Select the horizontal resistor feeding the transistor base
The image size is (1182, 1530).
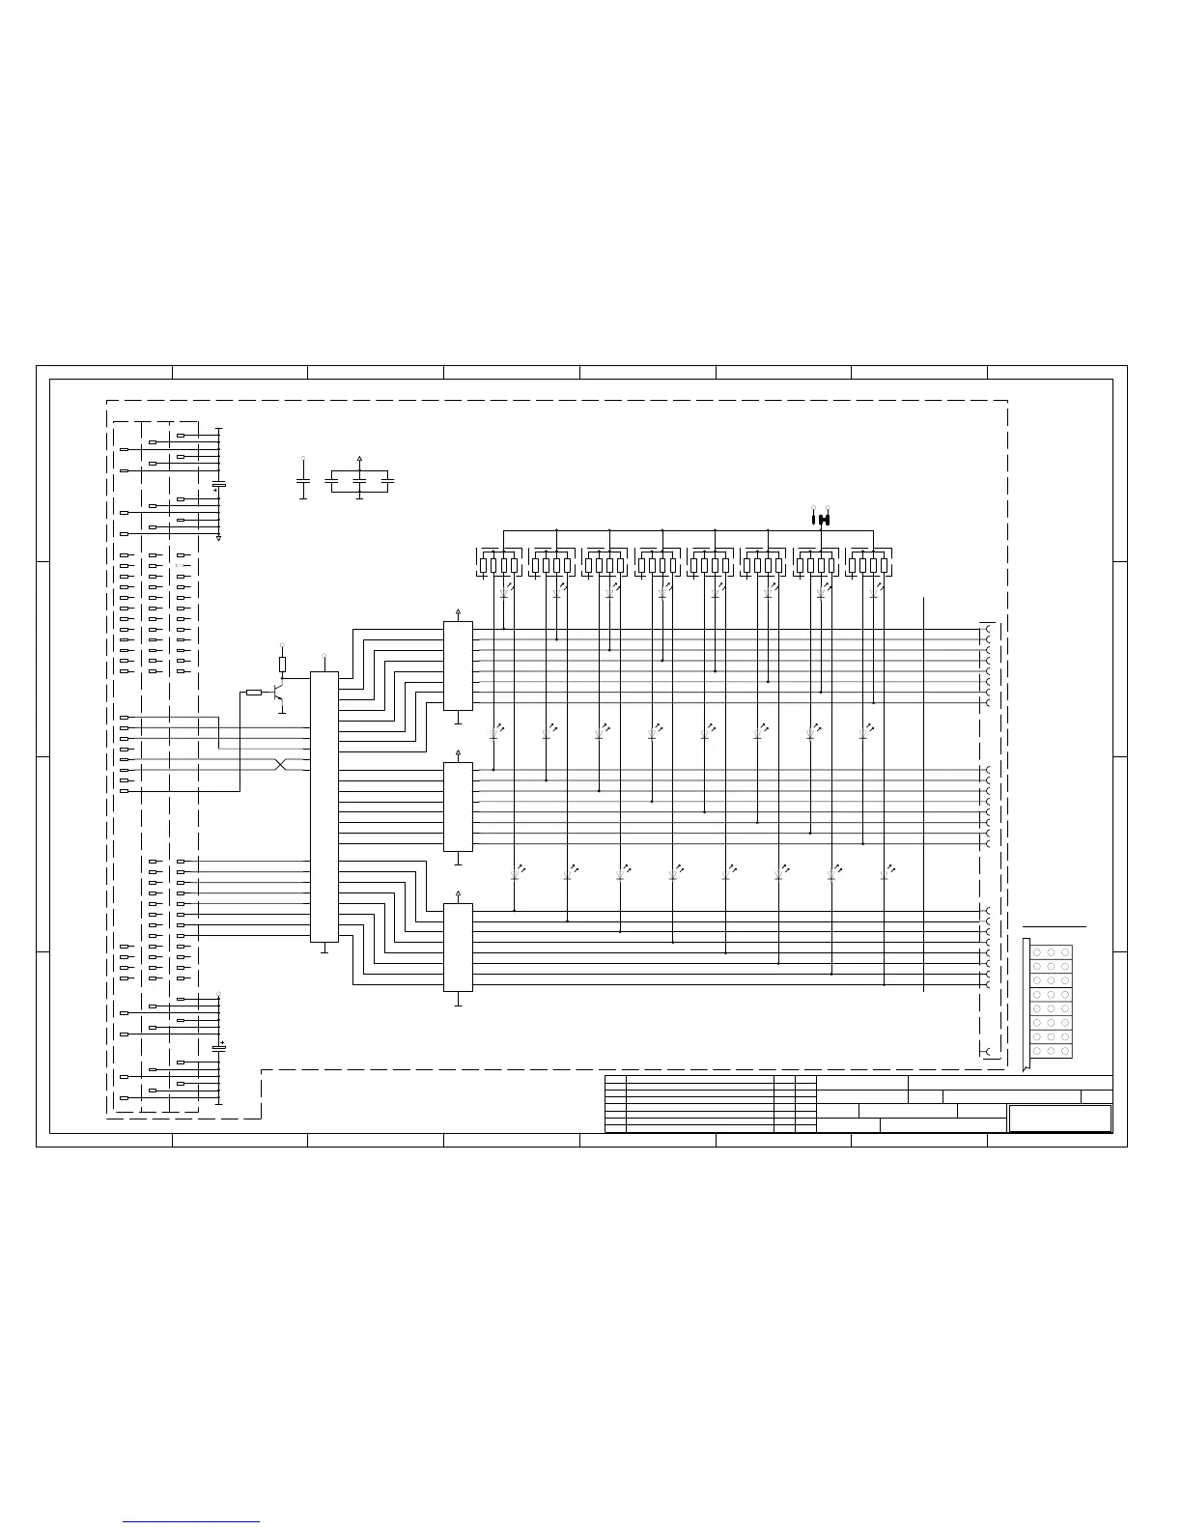click(253, 693)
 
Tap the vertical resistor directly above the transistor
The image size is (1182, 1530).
click(282, 664)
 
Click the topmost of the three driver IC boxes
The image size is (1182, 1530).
click(458, 666)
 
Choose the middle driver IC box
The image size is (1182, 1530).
click(458, 807)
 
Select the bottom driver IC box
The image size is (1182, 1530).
click(458, 948)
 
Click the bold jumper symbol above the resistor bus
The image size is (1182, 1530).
click(821, 520)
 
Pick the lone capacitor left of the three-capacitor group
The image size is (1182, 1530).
click(303, 479)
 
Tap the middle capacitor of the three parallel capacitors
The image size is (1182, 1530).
click(359, 479)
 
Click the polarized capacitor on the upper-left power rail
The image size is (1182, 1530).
click(218, 484)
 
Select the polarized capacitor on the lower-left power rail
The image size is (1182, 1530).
click(218, 1048)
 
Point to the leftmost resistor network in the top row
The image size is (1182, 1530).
click(498, 565)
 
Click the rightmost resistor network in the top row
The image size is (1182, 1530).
click(867, 565)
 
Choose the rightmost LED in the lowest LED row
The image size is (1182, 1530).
click(884, 874)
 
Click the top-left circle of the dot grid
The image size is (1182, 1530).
click(1036, 952)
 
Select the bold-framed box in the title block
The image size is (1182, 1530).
click(1060, 1119)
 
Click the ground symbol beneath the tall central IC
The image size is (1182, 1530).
click(324, 949)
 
